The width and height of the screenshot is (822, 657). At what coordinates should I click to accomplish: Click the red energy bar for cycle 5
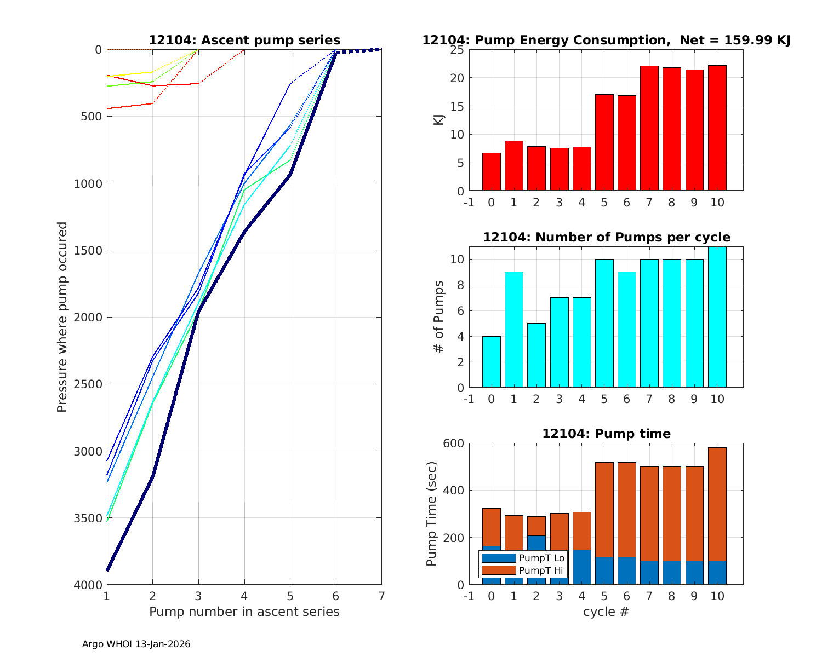click(604, 142)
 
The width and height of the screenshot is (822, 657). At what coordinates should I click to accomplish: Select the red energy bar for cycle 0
click(491, 172)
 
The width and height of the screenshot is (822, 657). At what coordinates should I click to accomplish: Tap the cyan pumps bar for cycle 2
click(536, 356)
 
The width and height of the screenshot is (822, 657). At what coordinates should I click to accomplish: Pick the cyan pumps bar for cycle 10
click(717, 318)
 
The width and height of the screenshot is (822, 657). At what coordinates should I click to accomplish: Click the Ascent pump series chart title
click(244, 41)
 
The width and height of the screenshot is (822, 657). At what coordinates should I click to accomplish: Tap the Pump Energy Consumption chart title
click(606, 41)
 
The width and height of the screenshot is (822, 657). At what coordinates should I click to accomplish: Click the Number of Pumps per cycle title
click(606, 238)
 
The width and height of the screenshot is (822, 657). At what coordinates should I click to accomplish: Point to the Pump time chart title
click(606, 434)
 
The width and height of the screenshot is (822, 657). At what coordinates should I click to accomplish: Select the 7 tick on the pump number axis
click(381, 596)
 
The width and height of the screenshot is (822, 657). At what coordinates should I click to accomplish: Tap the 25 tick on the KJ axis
click(457, 50)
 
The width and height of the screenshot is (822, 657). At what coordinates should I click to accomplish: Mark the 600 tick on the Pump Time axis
click(453, 443)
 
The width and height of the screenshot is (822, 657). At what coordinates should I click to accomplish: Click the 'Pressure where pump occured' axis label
click(62, 317)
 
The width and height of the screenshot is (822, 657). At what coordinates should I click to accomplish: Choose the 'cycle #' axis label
click(606, 612)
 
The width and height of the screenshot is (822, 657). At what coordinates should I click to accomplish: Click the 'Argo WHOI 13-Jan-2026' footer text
click(136, 644)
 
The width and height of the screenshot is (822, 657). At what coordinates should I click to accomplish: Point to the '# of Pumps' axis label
click(438, 317)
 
